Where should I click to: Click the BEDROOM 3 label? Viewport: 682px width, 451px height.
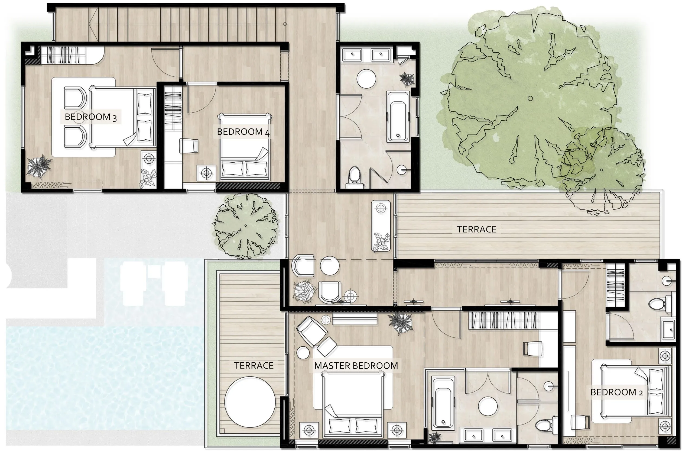(91, 117)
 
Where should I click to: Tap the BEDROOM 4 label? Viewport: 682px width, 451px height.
(243, 132)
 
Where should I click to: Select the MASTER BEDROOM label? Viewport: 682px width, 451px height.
(356, 366)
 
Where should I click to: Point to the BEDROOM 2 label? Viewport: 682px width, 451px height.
(617, 392)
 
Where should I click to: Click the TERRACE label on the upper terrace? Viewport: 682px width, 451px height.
(477, 229)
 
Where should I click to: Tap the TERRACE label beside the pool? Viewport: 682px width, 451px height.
(254, 365)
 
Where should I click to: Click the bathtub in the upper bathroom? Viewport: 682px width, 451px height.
(398, 117)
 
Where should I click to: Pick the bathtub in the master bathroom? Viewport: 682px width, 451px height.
(443, 402)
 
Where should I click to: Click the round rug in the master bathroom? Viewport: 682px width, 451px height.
(488, 406)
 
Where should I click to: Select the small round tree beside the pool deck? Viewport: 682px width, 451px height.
(246, 225)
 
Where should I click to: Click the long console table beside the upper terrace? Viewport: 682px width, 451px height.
(381, 226)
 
